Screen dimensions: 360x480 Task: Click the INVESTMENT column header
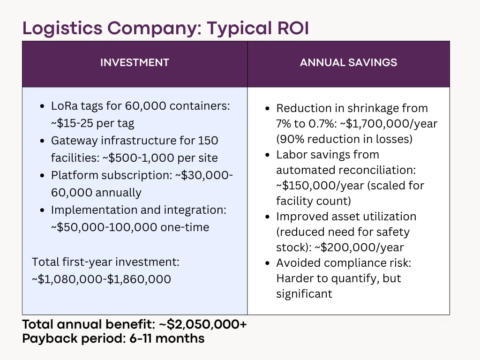135,62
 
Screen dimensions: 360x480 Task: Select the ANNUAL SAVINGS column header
348,62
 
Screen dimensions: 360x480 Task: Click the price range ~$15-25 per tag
92,123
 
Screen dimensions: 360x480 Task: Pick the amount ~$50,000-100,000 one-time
130,227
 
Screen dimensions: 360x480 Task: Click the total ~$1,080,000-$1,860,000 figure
101,279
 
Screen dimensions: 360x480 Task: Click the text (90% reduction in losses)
345,140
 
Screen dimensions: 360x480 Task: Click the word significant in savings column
304,294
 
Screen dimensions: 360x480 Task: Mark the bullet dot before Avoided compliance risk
267,263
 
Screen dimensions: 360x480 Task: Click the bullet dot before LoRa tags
42,106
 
